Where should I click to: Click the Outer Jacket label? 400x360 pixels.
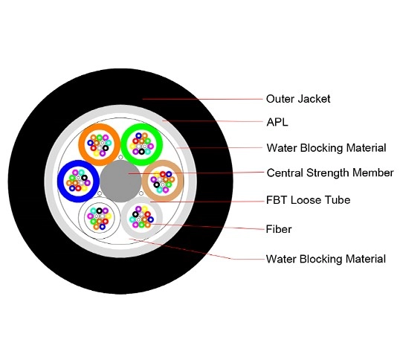click(297, 98)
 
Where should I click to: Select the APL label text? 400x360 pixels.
click(277, 123)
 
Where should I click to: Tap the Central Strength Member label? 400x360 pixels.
click(329, 173)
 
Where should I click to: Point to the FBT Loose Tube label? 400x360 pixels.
click(308, 200)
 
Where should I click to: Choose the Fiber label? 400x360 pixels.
click(279, 229)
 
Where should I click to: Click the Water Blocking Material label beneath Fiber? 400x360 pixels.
click(326, 259)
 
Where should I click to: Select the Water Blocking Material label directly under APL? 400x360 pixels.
click(326, 147)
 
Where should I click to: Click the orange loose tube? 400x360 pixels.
click(99, 142)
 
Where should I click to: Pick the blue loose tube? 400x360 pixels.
click(77, 179)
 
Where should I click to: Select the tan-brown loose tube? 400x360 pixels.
click(162, 181)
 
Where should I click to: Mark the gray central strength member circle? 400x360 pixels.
click(120, 180)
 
